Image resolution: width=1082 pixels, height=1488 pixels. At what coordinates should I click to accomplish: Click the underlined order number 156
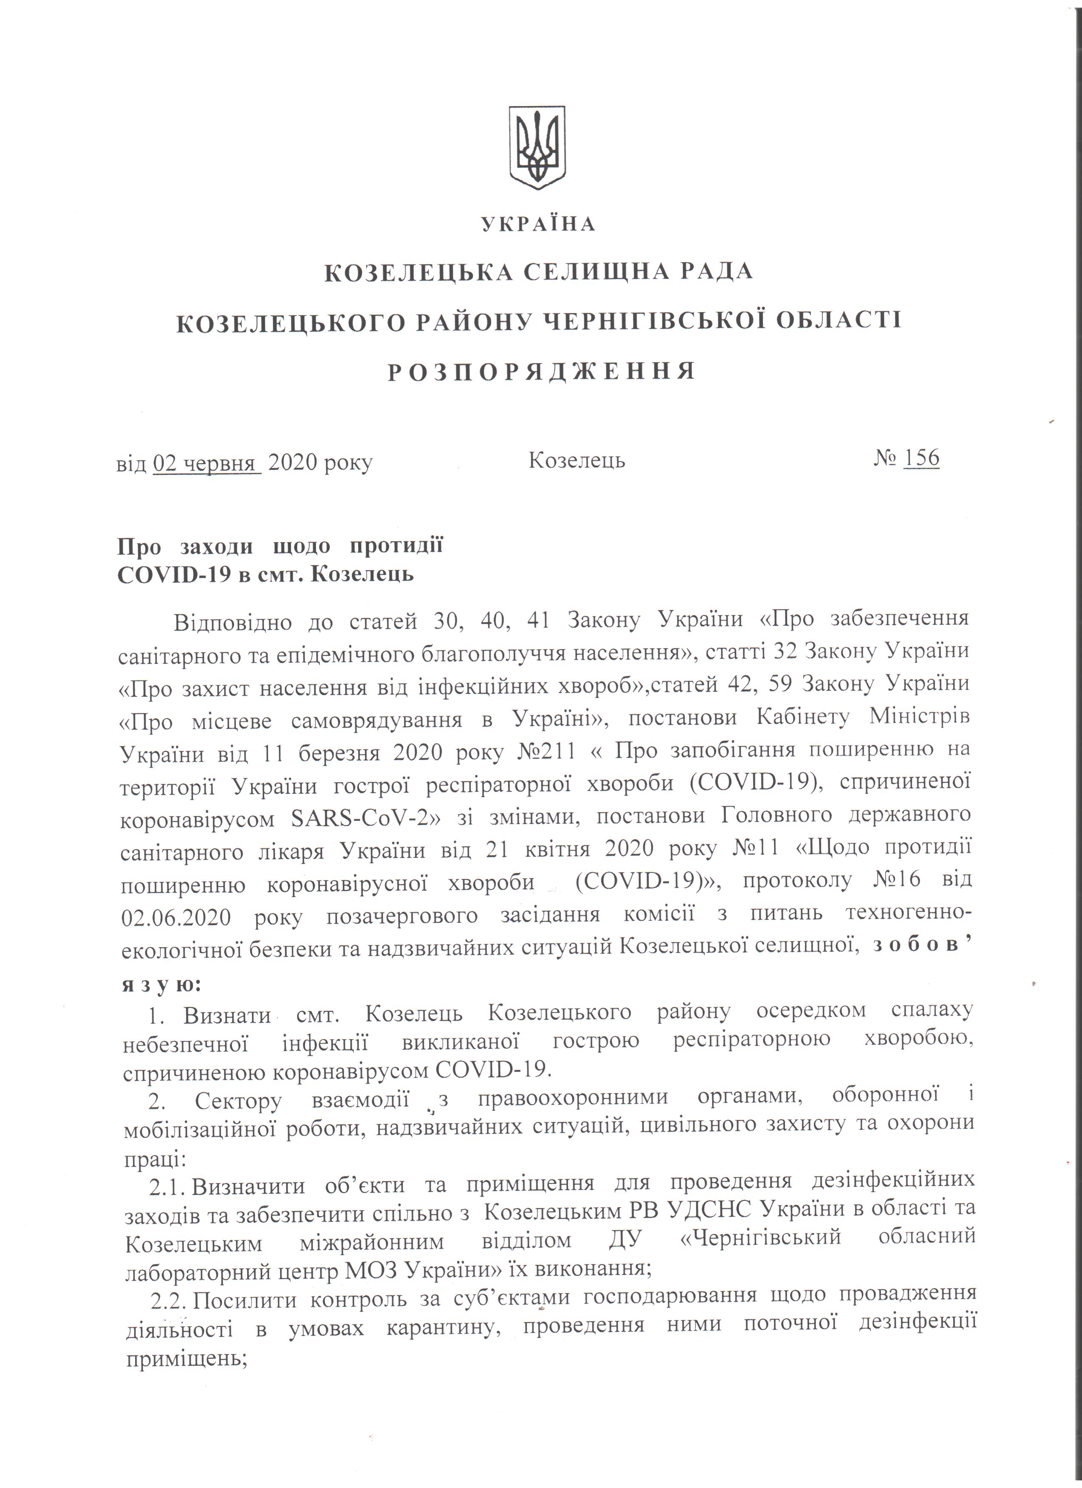tap(921, 458)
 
